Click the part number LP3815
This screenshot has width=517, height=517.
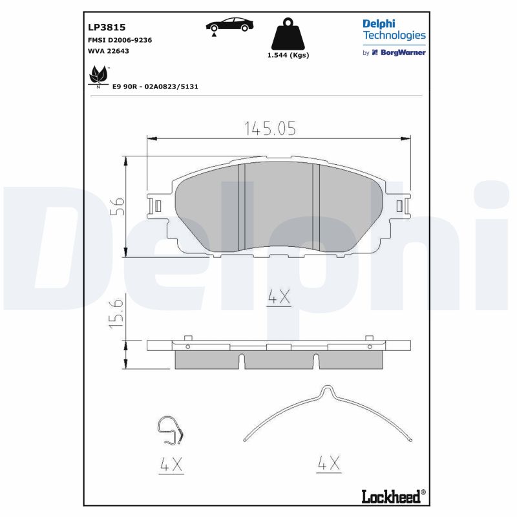point(107,27)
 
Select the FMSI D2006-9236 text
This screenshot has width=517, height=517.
point(120,40)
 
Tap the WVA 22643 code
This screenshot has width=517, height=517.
point(109,51)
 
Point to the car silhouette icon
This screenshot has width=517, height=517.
point(230,25)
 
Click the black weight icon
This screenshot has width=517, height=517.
point(288,34)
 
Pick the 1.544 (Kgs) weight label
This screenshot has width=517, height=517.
point(288,55)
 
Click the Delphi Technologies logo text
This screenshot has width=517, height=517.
point(394,30)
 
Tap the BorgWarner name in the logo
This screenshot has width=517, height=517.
point(403,52)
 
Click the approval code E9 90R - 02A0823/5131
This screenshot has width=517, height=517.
point(155,87)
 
